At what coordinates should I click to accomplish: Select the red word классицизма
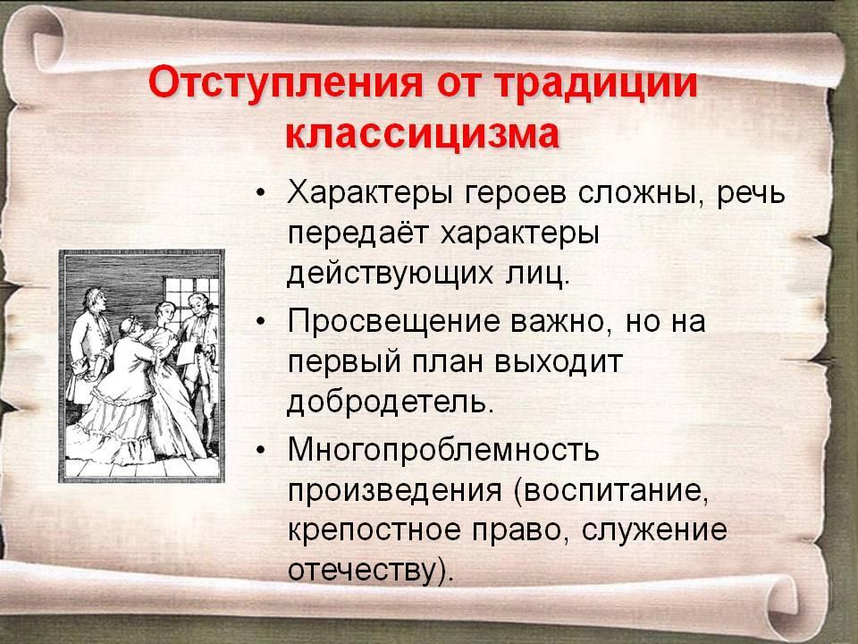[423, 133]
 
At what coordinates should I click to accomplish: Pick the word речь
[751, 194]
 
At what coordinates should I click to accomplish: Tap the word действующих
[390, 275]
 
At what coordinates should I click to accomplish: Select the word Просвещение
[393, 322]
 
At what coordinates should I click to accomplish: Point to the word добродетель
[386, 402]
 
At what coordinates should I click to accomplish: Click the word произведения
[394, 491]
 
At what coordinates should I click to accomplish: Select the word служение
[654, 530]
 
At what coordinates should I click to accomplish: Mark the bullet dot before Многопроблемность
[261, 450]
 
